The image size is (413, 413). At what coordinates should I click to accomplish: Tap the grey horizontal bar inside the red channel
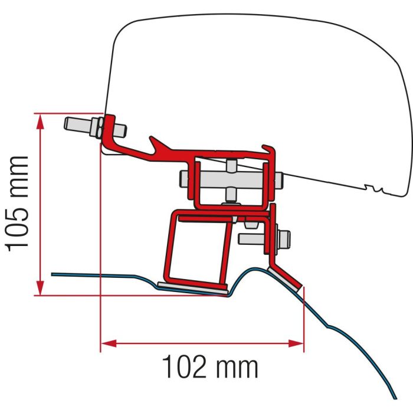point(230,177)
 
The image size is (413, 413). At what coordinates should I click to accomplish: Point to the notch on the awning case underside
point(373,189)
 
